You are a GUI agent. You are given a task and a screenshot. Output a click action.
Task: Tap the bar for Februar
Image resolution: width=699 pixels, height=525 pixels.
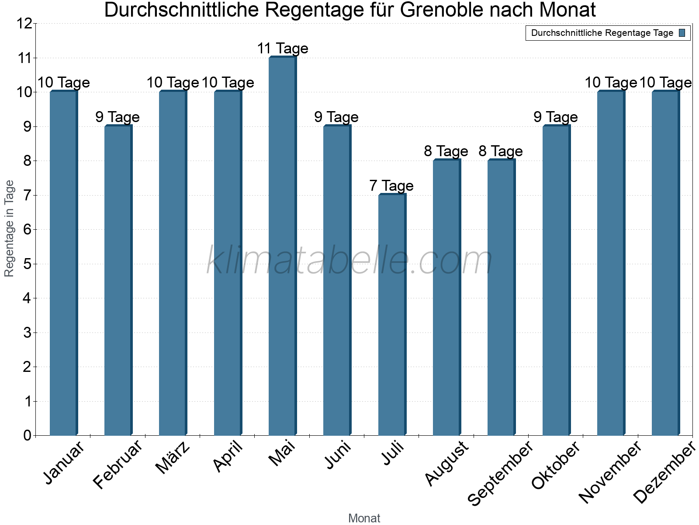point(118,280)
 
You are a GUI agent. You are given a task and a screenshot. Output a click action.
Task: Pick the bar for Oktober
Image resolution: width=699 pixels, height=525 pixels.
point(556,280)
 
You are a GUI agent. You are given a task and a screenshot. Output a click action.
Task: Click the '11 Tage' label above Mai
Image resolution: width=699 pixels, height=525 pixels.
point(283,48)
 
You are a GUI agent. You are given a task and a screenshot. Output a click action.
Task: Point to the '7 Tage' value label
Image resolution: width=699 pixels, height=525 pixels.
point(391,185)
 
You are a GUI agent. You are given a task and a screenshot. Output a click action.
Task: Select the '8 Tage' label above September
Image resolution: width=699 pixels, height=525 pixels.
point(501,151)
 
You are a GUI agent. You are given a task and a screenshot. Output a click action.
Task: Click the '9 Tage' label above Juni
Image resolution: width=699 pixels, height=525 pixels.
point(336,117)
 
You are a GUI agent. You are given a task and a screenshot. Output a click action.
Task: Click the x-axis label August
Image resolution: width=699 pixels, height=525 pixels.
point(446,464)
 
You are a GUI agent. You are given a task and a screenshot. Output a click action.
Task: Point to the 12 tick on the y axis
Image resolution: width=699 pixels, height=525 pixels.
point(25,24)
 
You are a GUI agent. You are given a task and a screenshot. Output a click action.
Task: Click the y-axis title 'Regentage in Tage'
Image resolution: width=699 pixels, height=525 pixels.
point(9,228)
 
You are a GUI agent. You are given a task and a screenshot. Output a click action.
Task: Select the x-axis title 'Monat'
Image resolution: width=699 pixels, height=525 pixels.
point(364,518)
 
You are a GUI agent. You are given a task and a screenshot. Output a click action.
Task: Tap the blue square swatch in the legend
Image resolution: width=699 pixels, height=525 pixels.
point(682,33)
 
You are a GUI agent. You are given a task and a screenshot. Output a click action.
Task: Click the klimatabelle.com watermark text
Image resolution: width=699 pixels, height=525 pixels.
point(349,261)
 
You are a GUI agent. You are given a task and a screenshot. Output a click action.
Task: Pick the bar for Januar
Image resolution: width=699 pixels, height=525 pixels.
point(63,262)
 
